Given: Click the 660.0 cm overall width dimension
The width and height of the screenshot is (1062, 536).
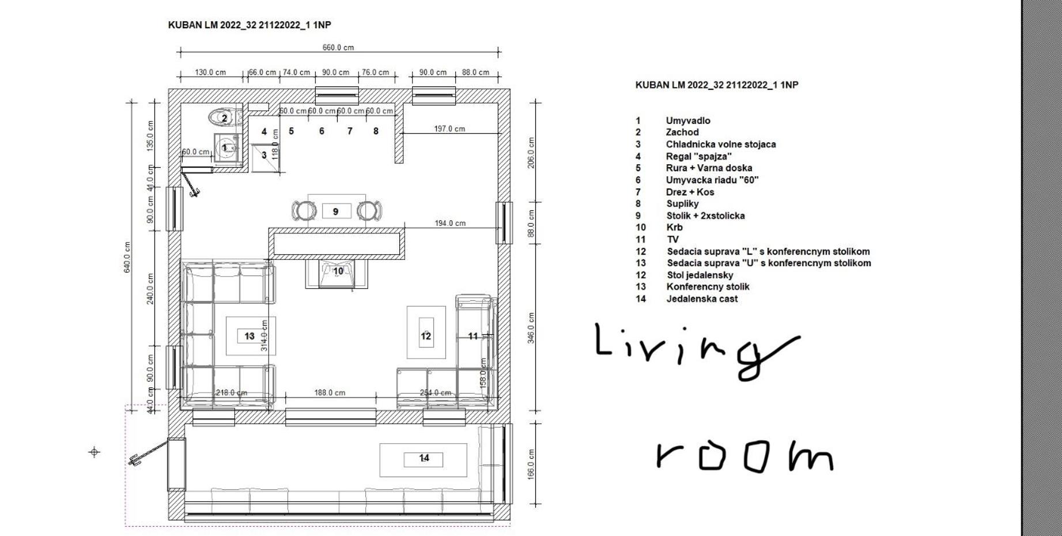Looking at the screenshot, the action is tap(338, 48).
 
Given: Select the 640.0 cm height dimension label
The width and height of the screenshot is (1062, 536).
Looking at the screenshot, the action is tap(127, 257).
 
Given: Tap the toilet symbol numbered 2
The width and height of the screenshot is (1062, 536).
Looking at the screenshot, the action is tap(224, 118).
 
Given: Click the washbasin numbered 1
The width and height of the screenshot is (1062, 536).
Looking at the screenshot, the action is tap(227, 148).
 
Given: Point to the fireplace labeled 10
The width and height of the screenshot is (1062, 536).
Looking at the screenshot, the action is tap(337, 273).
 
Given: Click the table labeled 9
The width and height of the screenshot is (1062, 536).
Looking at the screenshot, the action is tap(337, 211).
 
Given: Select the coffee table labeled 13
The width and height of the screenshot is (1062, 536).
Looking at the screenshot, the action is tap(251, 336).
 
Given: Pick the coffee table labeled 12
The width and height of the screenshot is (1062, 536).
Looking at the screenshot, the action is tap(426, 333).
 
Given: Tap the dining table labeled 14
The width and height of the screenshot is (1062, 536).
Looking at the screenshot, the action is tap(423, 460).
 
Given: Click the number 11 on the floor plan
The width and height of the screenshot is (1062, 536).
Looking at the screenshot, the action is tap(473, 336).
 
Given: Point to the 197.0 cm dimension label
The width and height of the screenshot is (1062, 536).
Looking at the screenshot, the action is tap(449, 129).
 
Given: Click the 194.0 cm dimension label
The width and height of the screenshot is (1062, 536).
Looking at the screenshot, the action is tap(449, 223).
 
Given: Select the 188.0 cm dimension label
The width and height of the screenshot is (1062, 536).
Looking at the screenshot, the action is tap(330, 392).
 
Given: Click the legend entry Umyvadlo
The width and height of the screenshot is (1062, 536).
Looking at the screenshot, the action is tap(688, 120).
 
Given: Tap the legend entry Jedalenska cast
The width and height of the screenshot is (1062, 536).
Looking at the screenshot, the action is tap(702, 299).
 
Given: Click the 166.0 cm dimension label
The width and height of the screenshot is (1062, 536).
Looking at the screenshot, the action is tap(531, 464).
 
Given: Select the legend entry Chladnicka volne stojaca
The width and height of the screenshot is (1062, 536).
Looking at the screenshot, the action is tap(721, 144).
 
